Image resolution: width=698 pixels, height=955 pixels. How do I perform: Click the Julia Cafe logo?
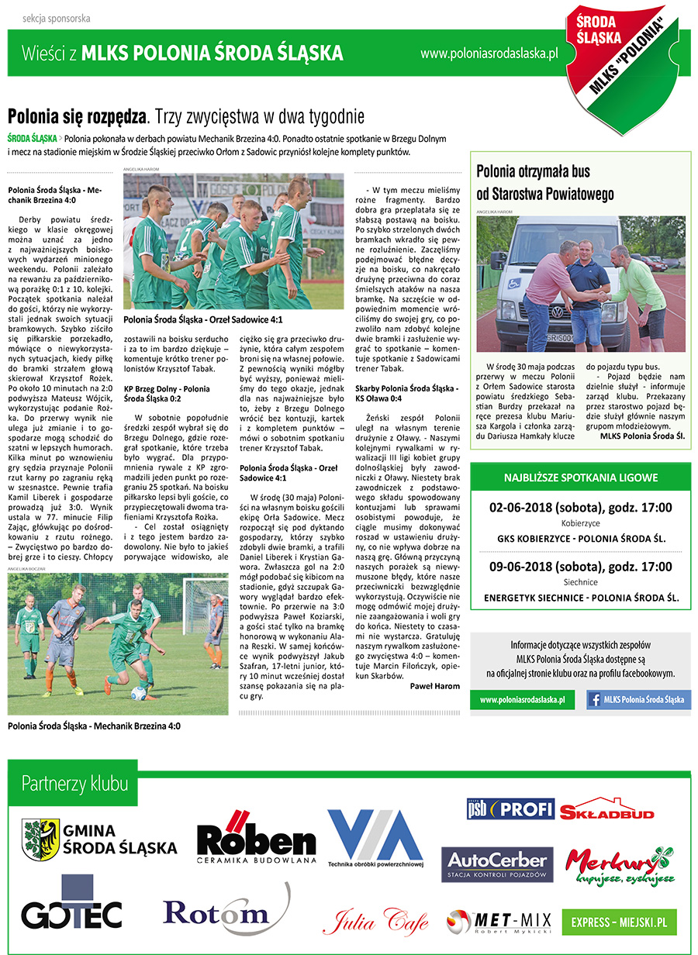pyautogui.click(x=375, y=922)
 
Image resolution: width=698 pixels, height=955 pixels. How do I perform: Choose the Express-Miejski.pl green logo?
pyautogui.click(x=619, y=922)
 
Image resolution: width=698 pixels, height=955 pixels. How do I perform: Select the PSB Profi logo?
pyautogui.click(x=510, y=808)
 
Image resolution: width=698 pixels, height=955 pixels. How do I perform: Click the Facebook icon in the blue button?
pyautogui.click(x=596, y=699)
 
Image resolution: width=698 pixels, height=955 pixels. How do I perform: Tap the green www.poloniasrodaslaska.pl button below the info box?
pyautogui.click(x=522, y=699)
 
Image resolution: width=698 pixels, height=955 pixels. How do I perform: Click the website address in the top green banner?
pyautogui.click(x=489, y=53)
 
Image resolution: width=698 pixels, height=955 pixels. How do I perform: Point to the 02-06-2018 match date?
pyautogui.click(x=581, y=509)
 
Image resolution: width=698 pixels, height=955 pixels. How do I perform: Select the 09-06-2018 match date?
pyautogui.click(x=581, y=567)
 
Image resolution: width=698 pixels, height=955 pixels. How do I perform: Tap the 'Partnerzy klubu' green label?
pyautogui.click(x=75, y=783)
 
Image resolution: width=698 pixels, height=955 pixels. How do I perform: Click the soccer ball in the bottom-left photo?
pyautogui.click(x=139, y=691)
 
